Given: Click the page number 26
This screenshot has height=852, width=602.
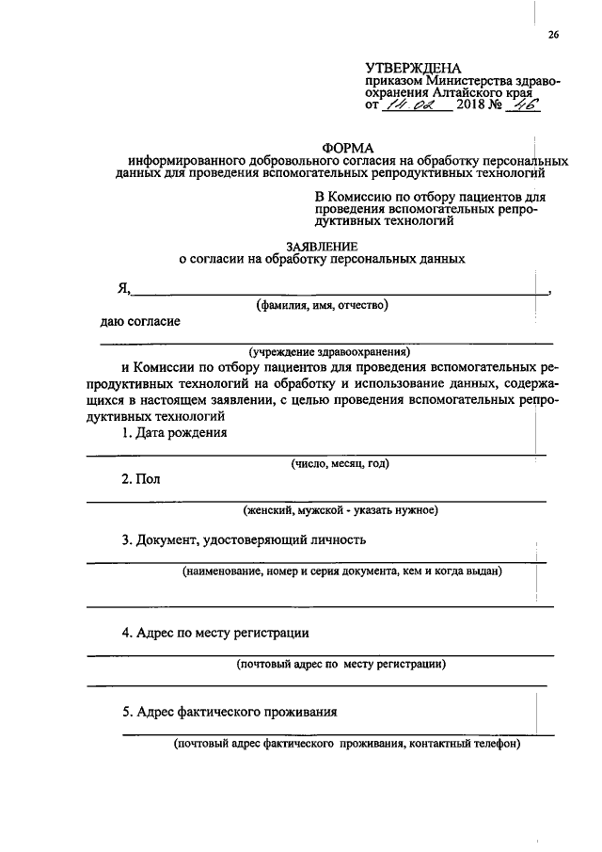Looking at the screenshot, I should [x=553, y=36].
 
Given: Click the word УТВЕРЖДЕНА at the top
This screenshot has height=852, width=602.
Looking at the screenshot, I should [x=414, y=69].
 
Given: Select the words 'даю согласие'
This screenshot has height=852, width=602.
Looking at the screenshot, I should [x=141, y=322].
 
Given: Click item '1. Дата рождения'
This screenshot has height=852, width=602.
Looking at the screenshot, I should [x=174, y=432].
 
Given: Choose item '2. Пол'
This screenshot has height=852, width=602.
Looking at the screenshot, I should [x=141, y=479].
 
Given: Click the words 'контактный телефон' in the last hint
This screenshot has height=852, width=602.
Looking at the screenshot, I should [x=464, y=744].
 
